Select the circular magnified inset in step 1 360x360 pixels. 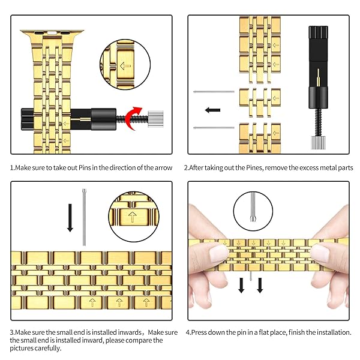(125, 63)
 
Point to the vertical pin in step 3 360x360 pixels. (84, 217)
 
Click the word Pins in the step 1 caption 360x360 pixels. (82, 167)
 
